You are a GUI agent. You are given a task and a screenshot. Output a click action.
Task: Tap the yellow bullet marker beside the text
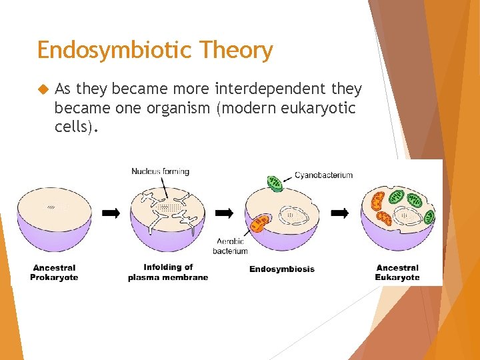coord(43,89)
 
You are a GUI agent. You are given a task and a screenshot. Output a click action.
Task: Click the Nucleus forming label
coord(160,171)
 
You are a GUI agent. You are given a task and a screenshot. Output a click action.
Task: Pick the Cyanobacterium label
coord(323,175)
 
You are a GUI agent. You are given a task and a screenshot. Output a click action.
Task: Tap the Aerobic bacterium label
coord(231,246)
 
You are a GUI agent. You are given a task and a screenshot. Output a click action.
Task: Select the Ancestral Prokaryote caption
coord(54,272)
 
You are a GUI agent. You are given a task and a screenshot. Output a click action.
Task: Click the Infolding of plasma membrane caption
coord(168,272)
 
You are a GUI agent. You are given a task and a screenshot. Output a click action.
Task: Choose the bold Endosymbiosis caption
coord(282,269)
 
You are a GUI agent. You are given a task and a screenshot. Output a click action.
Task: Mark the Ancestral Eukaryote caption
coord(397,272)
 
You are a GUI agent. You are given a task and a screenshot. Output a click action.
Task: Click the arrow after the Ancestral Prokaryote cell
coord(111,213)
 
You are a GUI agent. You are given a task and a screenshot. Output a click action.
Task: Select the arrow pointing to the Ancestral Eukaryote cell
coord(340,213)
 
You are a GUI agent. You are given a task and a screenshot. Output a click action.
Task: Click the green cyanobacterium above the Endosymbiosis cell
coord(275,182)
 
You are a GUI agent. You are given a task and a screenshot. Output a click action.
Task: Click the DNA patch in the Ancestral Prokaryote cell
coord(53,207)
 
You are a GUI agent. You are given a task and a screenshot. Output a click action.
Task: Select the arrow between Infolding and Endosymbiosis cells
coord(225,213)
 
